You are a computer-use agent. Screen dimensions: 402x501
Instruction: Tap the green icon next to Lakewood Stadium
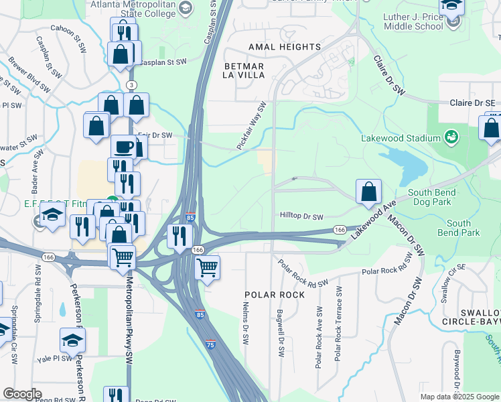pyautogui.click(x=451, y=138)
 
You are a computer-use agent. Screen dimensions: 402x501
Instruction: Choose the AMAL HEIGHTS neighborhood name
pyautogui.click(x=285, y=47)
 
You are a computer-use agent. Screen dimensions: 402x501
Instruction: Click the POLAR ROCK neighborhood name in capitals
pyautogui.click(x=275, y=295)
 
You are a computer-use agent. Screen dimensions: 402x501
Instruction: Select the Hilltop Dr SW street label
pyautogui.click(x=301, y=216)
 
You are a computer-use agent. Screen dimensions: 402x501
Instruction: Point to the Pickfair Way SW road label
pyautogui.click(x=252, y=125)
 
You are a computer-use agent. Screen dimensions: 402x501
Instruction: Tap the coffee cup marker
pyautogui.click(x=123, y=147)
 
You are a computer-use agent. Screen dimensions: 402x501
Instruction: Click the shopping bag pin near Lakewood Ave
pyautogui.click(x=368, y=192)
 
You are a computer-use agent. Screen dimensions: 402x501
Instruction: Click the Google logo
pyautogui.click(x=22, y=394)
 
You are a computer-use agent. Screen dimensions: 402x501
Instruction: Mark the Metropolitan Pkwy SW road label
pyautogui.click(x=127, y=310)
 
